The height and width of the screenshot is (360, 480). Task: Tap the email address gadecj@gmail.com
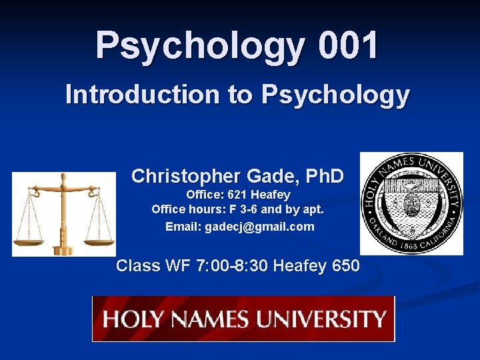pos(259,227)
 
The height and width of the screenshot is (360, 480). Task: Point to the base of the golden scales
pos(64,250)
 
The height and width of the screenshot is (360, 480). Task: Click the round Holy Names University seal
pos(411,203)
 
